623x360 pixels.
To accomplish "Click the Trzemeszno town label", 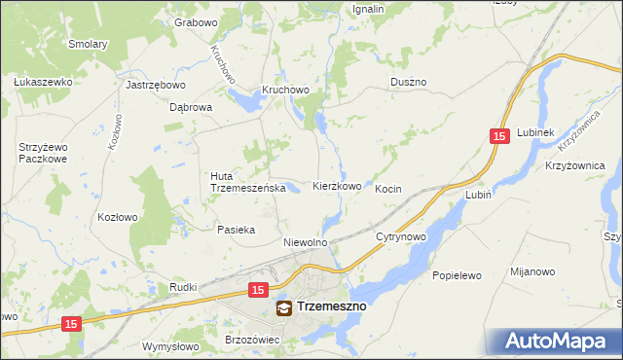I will [331, 307].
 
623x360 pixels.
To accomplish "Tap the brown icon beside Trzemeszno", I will [283, 308].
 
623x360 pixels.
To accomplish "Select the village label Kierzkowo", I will [337, 186].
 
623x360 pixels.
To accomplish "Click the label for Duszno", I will [409, 83].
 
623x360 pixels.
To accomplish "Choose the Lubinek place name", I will [535, 132].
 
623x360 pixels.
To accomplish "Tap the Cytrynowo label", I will [401, 237].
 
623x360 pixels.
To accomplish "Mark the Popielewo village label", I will [458, 275].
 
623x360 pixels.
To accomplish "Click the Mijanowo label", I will [532, 274].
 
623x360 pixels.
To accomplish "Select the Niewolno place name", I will [304, 241].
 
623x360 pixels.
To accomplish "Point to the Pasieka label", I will [236, 231].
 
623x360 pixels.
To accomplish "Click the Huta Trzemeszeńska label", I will [246, 182].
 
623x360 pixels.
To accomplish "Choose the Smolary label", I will [88, 44].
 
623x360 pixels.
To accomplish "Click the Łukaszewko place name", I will [44, 83].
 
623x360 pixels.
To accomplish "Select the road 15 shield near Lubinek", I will [498, 139].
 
